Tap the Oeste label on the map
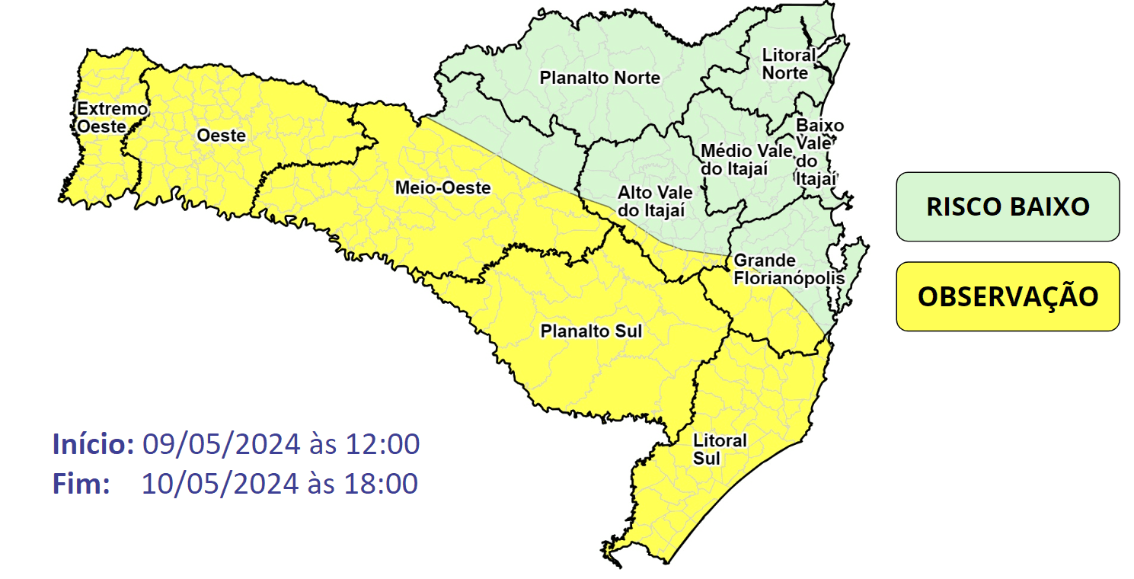(221, 136)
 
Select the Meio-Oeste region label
(442, 187)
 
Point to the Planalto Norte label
(599, 78)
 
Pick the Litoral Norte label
(788, 64)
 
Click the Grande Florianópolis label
(788, 270)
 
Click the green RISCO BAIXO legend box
(1007, 206)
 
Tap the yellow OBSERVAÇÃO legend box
(1007, 296)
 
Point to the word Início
(94, 444)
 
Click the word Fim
(81, 484)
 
